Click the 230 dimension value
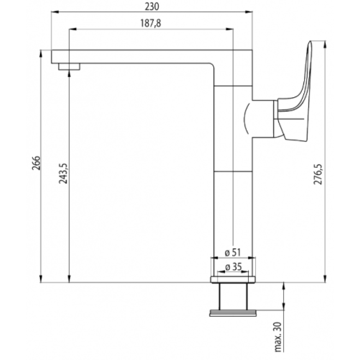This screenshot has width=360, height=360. pos(152,7)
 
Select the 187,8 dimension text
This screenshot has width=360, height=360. pos(151,23)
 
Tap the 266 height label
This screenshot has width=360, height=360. pos(36,163)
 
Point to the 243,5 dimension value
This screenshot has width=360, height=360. pos(63,173)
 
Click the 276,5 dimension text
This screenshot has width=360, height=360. pos(318,175)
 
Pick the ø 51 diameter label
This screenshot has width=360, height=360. pos(233,252)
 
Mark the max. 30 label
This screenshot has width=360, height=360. pos(278,337)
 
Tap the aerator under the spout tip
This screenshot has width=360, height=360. pos(69,67)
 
